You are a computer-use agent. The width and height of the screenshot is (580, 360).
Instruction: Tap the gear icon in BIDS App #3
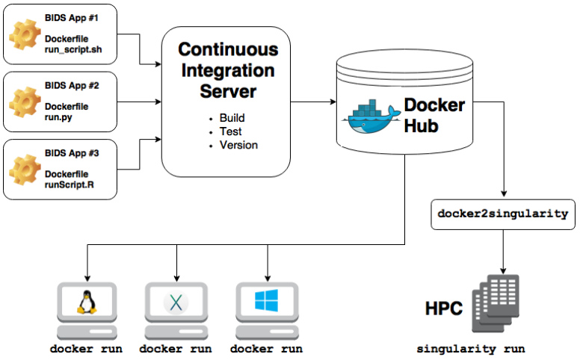(x=25, y=169)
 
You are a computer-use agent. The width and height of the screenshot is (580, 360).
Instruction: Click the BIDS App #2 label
(x=72, y=85)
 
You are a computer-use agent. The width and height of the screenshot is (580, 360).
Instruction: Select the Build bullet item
(x=232, y=118)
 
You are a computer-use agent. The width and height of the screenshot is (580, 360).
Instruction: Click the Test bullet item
(x=229, y=131)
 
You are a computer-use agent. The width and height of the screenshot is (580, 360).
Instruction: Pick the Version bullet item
(x=238, y=145)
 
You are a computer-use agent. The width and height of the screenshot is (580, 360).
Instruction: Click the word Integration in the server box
(x=228, y=72)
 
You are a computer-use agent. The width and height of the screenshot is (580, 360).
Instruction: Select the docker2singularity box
(x=502, y=214)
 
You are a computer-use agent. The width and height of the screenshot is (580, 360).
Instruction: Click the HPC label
(x=444, y=308)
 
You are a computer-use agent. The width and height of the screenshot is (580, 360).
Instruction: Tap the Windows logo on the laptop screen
(x=265, y=301)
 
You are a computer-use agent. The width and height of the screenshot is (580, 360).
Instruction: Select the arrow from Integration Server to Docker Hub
(x=312, y=101)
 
